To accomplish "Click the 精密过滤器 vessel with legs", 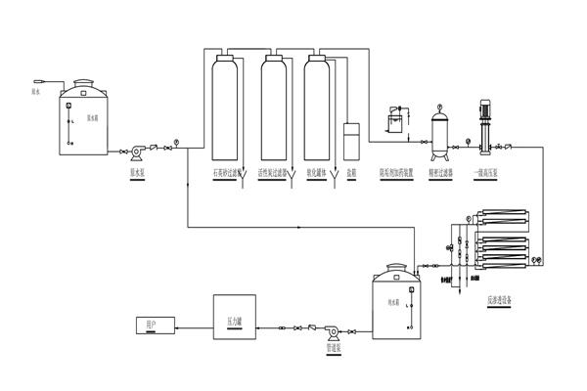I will coord(441,131).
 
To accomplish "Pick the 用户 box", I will coord(153,323).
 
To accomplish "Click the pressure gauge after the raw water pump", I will coord(176,141).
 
